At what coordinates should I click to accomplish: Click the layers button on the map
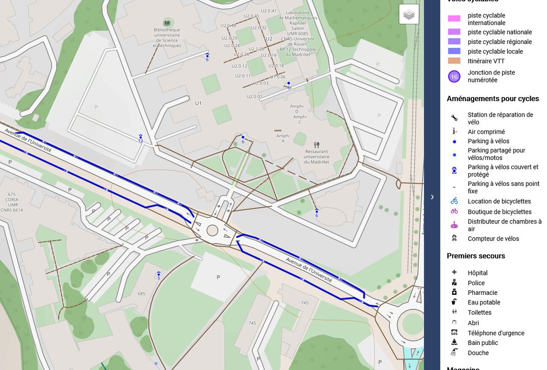409,15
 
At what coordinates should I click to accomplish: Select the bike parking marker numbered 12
140,138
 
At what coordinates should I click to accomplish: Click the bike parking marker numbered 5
159,275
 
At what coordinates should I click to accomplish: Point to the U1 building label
198,103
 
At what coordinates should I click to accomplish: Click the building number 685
141,293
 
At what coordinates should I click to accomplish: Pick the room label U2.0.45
252,16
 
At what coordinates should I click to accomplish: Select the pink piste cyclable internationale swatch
454,19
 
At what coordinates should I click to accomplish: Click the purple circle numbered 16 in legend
454,77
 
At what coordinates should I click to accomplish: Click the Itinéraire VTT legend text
486,61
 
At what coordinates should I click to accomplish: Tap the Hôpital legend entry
477,273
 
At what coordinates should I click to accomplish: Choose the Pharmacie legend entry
482,293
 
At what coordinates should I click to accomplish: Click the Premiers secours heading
476,256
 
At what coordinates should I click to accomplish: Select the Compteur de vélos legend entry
493,239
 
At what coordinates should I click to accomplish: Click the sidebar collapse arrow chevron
432,197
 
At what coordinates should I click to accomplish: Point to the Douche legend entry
478,353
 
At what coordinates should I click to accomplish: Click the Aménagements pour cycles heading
493,99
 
